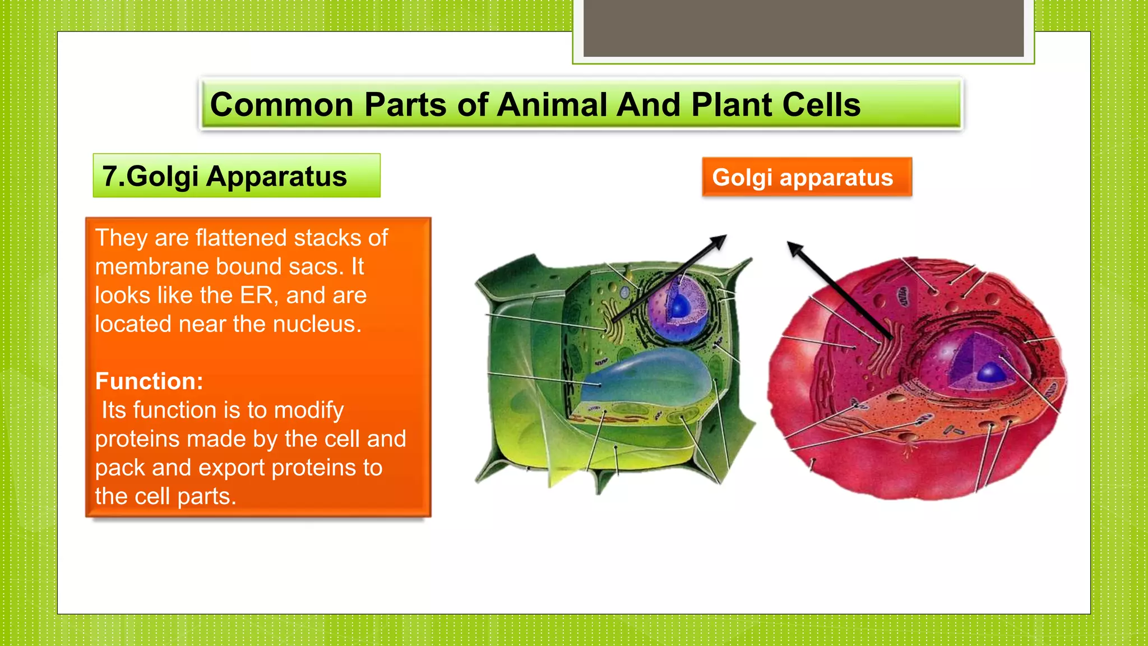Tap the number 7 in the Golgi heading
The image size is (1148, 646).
(x=109, y=176)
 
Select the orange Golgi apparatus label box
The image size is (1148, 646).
(x=806, y=177)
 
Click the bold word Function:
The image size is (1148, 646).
(x=149, y=381)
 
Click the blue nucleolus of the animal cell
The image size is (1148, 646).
(x=990, y=372)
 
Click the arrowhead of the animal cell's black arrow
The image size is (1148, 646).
(x=794, y=247)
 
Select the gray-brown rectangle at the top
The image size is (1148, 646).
(x=803, y=28)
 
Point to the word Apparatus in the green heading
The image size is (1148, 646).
(x=276, y=176)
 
